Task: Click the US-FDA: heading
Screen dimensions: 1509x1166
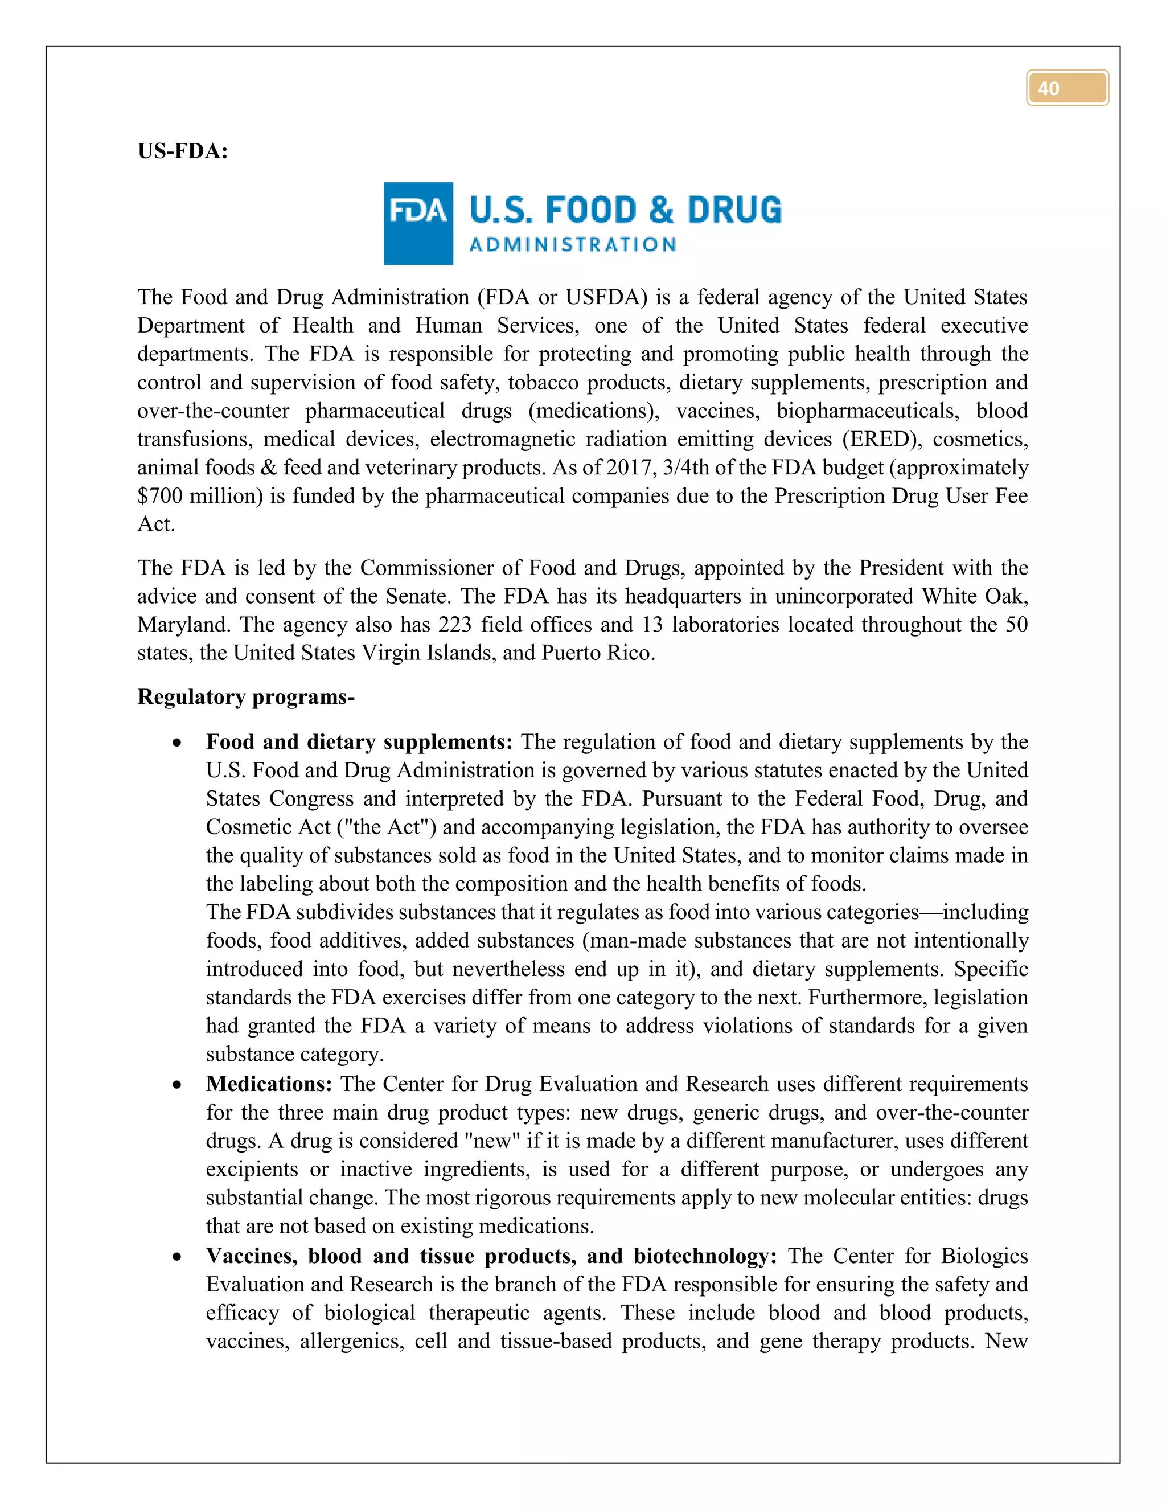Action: [x=182, y=151]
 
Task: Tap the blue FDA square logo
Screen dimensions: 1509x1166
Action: [x=418, y=223]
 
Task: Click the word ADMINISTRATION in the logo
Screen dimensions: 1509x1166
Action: [x=572, y=245]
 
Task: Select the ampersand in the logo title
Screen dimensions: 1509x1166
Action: [x=661, y=210]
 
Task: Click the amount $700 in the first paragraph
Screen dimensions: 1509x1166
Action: [x=159, y=495]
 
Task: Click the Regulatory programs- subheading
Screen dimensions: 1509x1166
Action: [x=246, y=696]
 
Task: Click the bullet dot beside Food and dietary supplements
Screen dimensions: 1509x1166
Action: [x=178, y=743]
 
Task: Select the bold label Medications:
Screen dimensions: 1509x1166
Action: [x=269, y=1084]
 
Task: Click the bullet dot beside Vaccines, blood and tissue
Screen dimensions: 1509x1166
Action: [x=178, y=1257]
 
